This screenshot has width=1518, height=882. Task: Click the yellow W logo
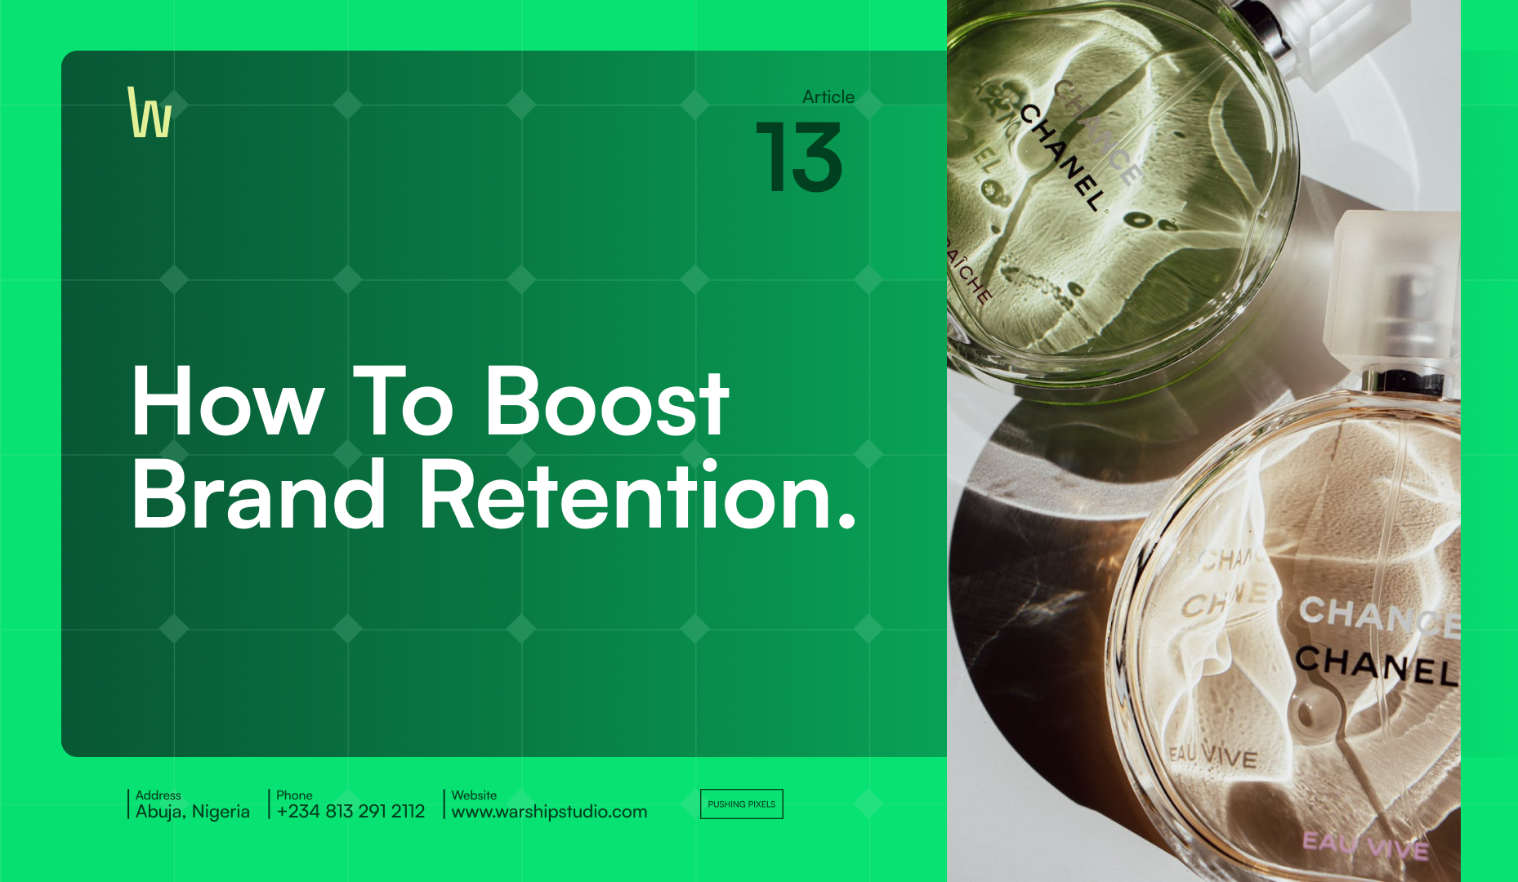coord(150,113)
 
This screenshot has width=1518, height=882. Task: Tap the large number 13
coord(799,158)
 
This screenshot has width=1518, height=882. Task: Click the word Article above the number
coord(828,96)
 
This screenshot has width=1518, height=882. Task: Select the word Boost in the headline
coord(606,403)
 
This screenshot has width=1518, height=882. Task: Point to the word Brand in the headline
coord(258,495)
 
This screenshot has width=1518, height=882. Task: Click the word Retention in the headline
coord(625,495)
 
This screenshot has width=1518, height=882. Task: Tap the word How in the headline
coord(227,403)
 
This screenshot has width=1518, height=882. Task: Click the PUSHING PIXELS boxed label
coord(741,804)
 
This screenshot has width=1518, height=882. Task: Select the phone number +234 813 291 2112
coord(350,812)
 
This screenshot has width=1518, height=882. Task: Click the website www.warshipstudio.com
coord(549,812)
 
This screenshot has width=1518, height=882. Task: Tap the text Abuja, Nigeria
coord(193,812)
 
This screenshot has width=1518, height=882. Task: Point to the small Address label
coord(158,795)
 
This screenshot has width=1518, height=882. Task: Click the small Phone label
coord(294,795)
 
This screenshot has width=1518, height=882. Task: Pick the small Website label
coord(474,795)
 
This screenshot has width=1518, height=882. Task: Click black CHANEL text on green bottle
coord(1061,157)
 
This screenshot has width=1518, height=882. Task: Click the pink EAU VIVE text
coord(1364,845)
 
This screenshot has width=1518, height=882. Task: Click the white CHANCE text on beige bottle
coord(1377,617)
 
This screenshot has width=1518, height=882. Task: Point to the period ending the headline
coord(847,520)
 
